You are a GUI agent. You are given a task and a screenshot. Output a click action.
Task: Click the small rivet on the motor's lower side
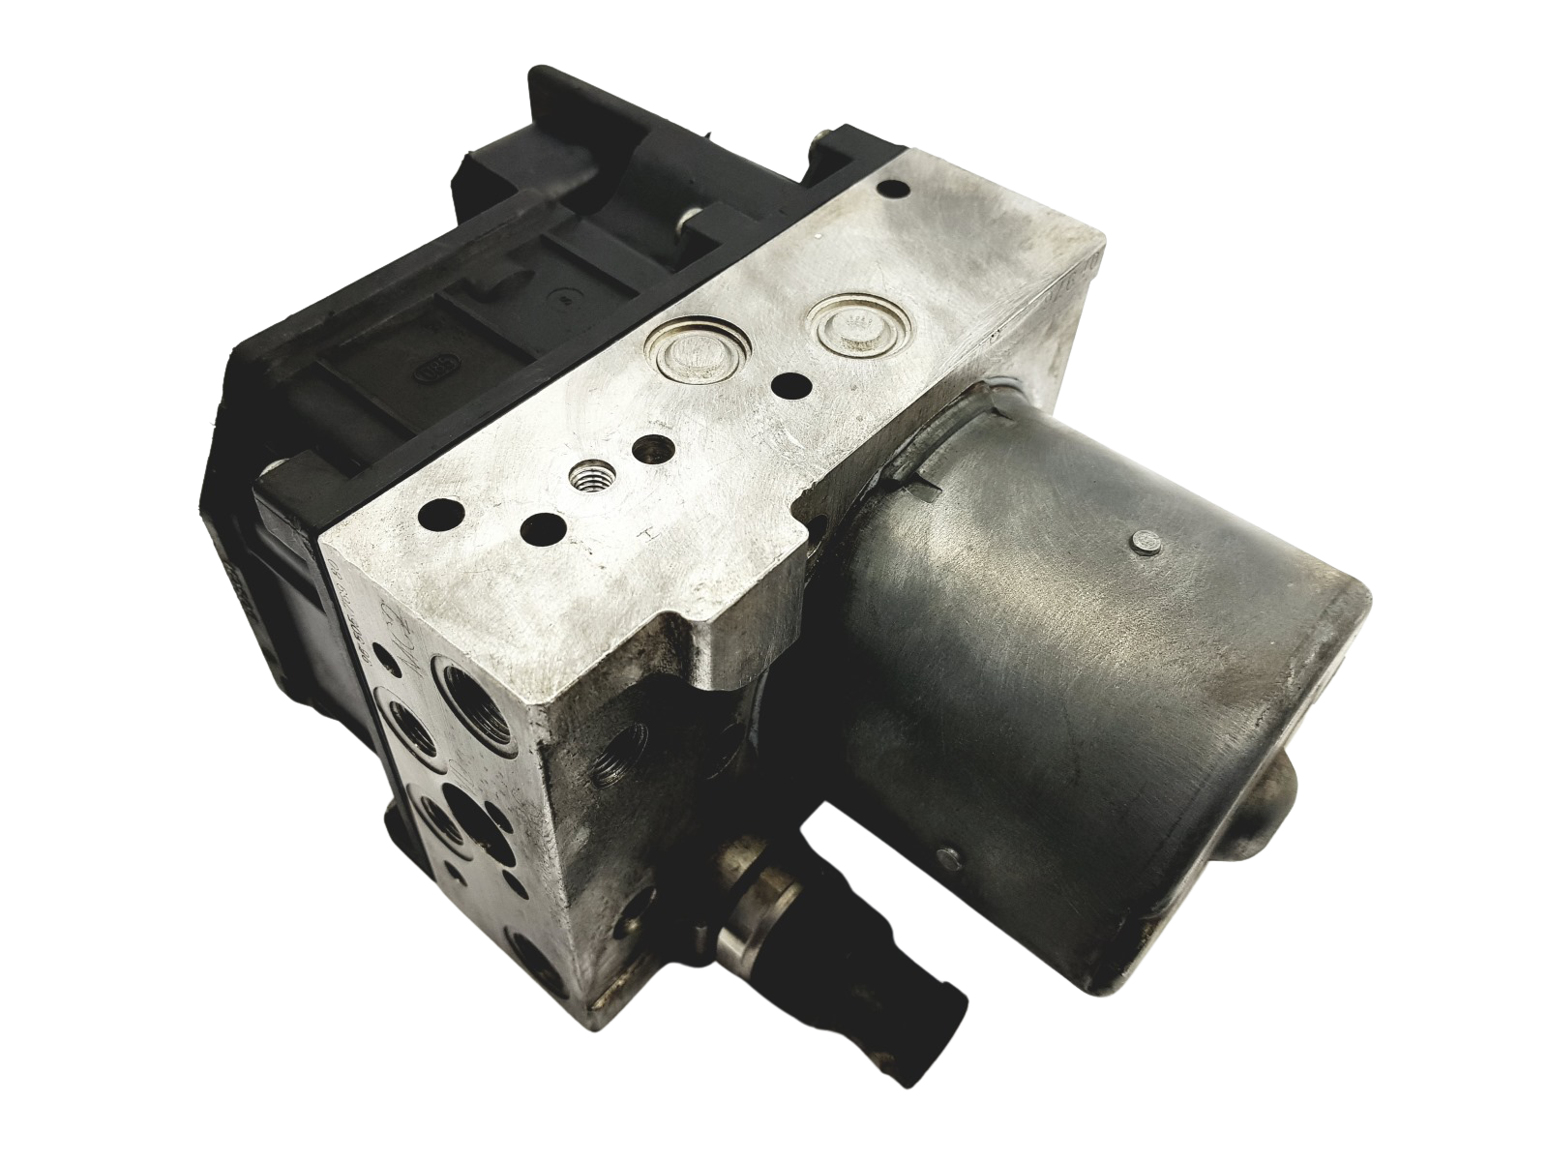(948, 854)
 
